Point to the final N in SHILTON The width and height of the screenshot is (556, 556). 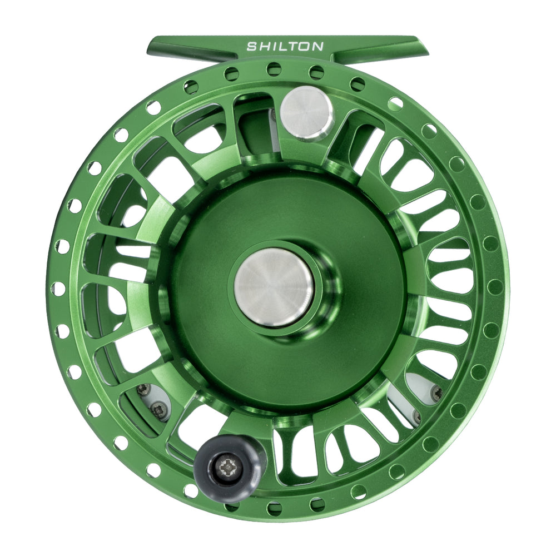[x=317, y=47]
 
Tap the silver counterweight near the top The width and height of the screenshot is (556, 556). [x=306, y=113]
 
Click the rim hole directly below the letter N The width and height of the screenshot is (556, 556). [x=317, y=71]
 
